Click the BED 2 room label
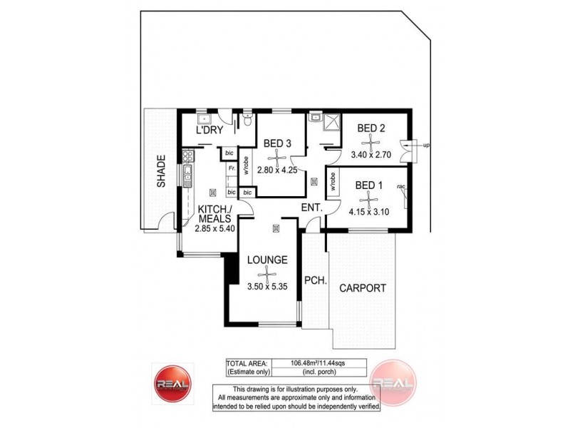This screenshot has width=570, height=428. click(371, 128)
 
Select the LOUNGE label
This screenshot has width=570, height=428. click(267, 260)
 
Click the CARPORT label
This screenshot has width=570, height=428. click(363, 288)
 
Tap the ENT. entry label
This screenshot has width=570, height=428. click(312, 208)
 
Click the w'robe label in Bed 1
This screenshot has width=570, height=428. click(332, 182)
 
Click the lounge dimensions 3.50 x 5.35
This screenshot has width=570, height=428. click(267, 287)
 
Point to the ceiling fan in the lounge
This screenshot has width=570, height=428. click(267, 273)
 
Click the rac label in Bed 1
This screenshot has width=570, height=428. click(401, 187)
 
